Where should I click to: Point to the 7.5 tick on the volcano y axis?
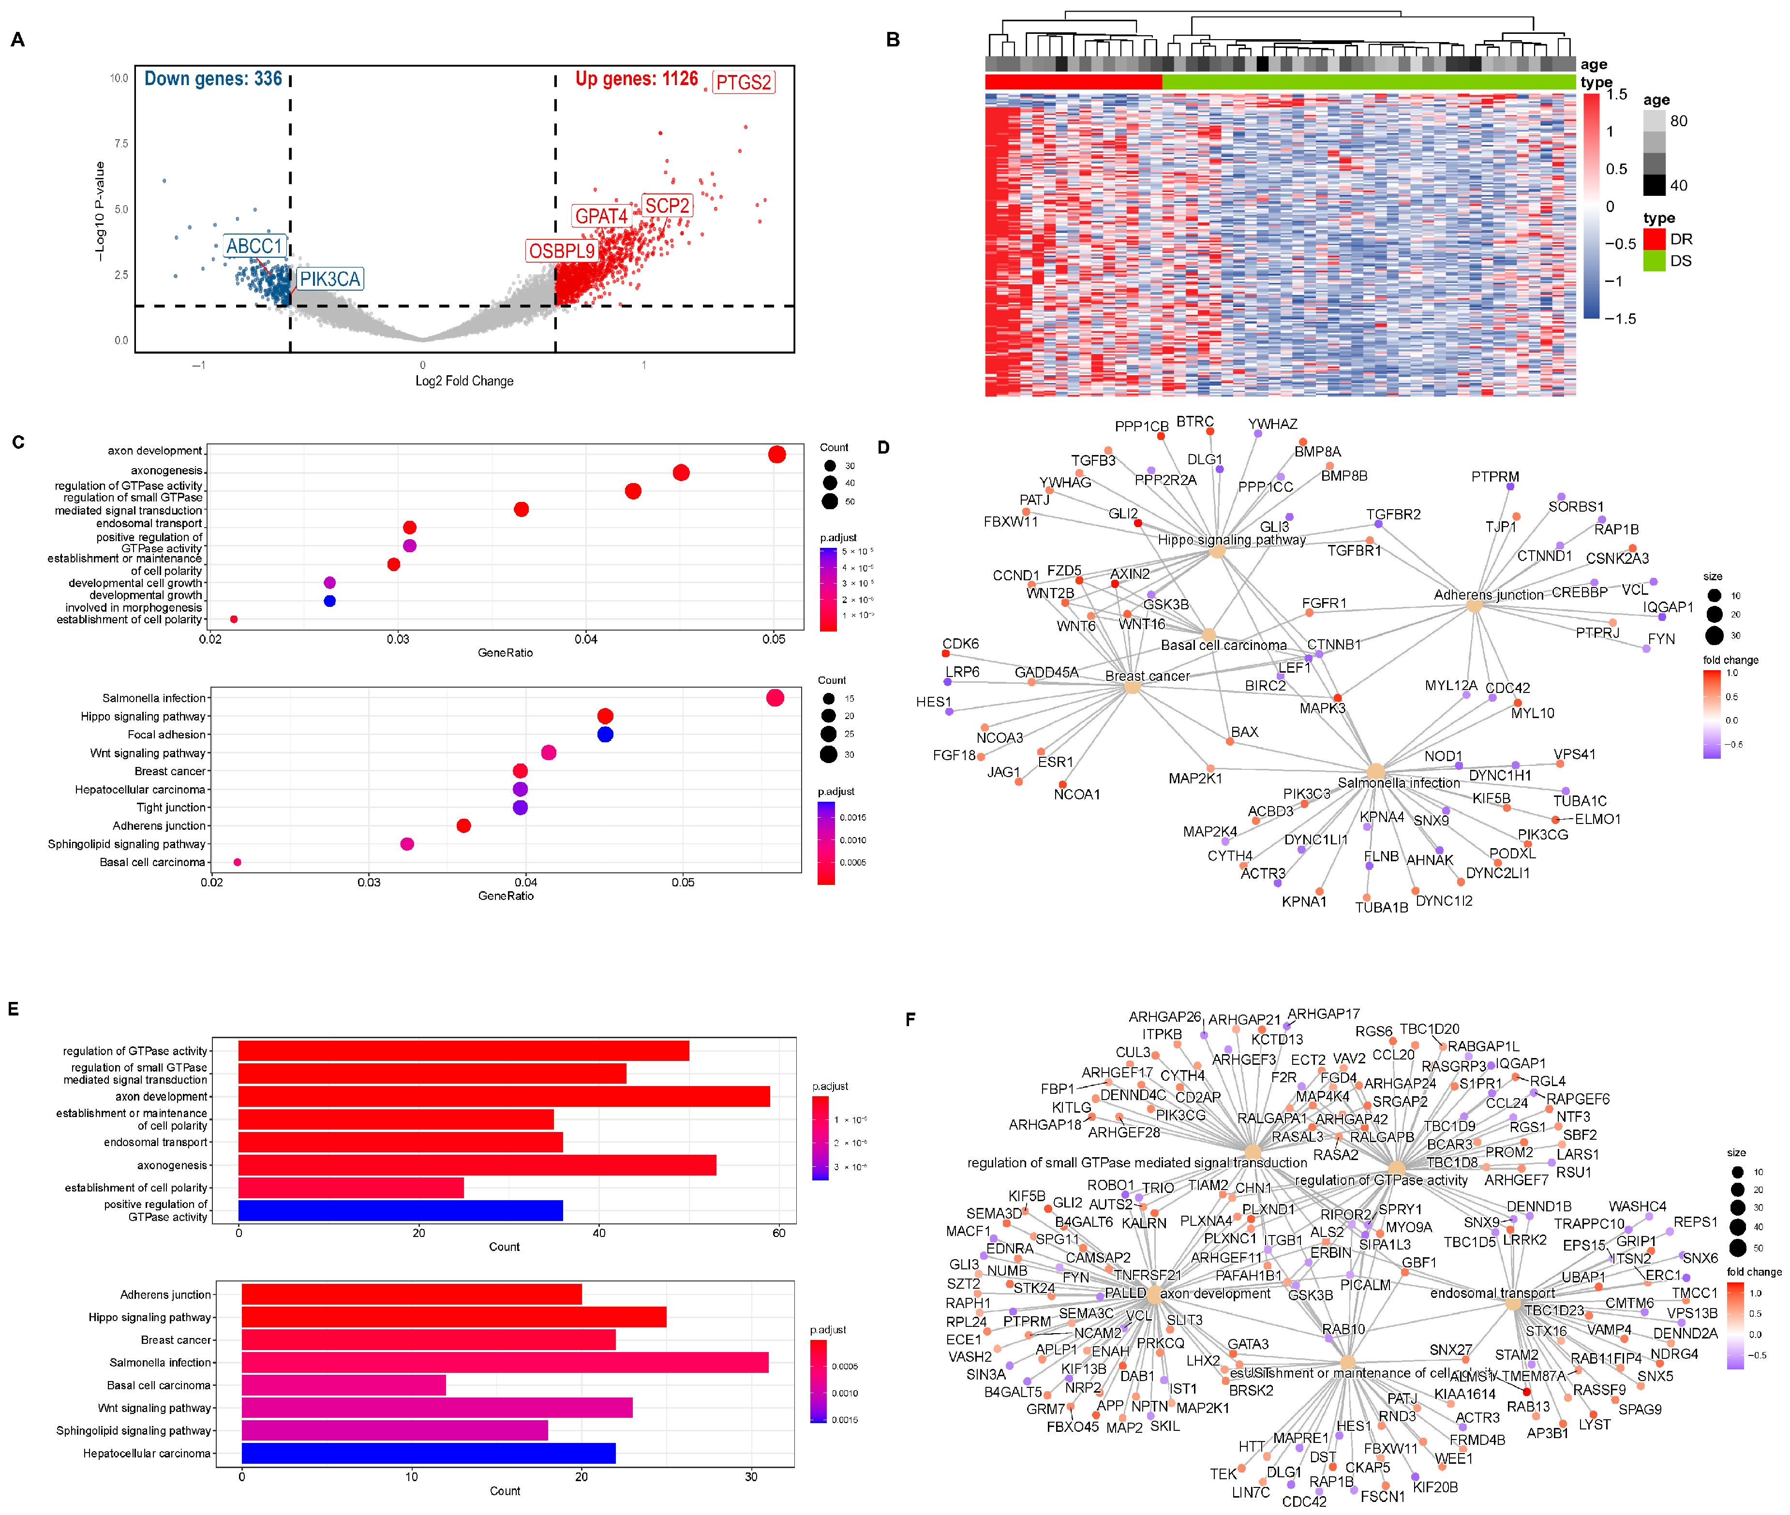tap(121, 144)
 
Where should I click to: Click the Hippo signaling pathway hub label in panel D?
tap(1231, 540)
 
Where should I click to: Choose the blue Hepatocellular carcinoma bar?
tap(428, 1453)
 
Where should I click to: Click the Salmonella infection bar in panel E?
tap(505, 1362)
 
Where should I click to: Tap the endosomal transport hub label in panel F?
tap(1492, 1294)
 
